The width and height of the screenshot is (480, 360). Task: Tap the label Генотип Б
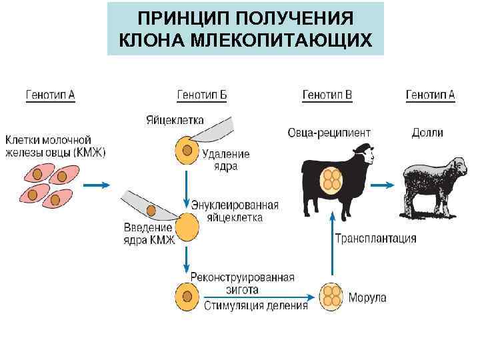[201, 95]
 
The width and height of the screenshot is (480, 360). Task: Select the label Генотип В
[327, 95]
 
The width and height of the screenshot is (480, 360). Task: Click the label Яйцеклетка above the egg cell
[174, 121]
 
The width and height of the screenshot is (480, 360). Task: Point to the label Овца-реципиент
[329, 133]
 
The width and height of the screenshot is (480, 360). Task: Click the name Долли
[427, 133]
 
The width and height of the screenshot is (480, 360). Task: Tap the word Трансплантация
[375, 238]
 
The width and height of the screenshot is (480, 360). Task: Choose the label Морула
[368, 297]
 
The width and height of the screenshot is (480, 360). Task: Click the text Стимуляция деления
[255, 306]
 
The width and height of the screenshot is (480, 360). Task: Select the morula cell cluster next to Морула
[331, 296]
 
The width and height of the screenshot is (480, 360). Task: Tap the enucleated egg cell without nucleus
[187, 227]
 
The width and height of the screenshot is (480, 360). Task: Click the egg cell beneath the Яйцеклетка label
[187, 150]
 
